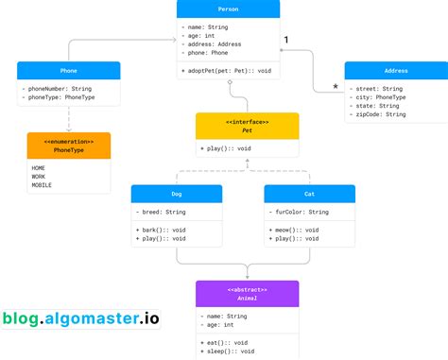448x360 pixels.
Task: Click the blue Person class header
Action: coord(228,9)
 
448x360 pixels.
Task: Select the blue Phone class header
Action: coord(68,70)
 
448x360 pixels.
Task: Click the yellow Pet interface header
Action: coord(247,126)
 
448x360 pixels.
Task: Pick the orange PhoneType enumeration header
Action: coord(68,146)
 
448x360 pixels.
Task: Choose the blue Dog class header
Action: coord(177,194)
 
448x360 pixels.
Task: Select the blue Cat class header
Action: coord(309,194)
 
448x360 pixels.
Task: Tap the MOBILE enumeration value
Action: coord(43,183)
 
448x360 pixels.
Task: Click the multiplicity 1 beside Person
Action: coord(287,39)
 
